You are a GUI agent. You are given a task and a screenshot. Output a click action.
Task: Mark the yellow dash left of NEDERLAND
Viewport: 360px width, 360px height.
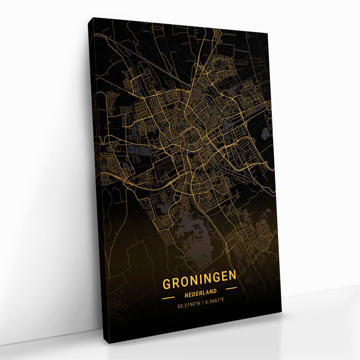168,298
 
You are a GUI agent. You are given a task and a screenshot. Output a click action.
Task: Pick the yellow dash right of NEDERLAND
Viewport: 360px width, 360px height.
231,288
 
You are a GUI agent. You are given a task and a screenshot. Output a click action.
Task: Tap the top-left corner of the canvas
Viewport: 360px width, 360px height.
89,17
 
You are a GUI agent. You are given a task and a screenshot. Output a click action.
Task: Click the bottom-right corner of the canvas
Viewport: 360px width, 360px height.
282,312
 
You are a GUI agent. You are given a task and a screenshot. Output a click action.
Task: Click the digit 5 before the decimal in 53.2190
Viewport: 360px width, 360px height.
179,306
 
